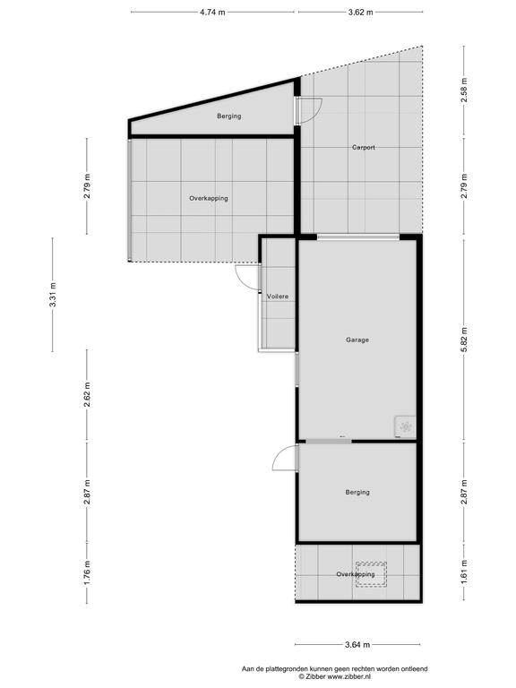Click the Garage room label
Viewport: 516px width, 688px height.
coord(357,340)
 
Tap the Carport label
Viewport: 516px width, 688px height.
coord(364,148)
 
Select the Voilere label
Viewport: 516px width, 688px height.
coord(278,297)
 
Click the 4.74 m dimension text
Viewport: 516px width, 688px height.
coord(212,13)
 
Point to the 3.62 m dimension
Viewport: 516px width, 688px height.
coord(361,13)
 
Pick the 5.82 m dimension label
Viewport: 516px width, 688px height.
coord(464,340)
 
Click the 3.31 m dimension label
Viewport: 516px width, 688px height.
coord(53,295)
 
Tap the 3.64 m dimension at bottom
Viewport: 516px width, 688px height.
coord(357,645)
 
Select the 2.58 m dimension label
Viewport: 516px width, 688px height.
coord(464,90)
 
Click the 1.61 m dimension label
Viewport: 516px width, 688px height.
coord(464,572)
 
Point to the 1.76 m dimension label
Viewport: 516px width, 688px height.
coord(87,572)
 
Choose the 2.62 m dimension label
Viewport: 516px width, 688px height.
coord(87,394)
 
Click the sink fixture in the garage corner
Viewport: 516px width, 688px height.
coord(405,426)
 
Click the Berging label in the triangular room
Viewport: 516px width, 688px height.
coord(229,116)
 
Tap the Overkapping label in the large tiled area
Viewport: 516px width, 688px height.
coord(209,198)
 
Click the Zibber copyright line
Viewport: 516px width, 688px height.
coord(335,677)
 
